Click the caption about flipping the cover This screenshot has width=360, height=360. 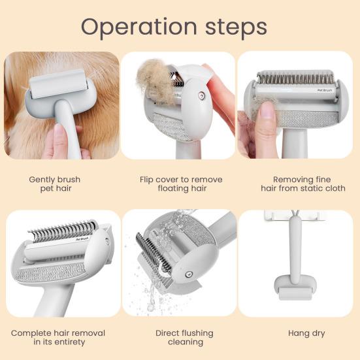[180, 184]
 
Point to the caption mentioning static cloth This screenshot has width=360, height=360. [301, 184]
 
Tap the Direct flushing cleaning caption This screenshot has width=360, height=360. [180, 337]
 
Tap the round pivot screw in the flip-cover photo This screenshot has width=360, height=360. [201, 95]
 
